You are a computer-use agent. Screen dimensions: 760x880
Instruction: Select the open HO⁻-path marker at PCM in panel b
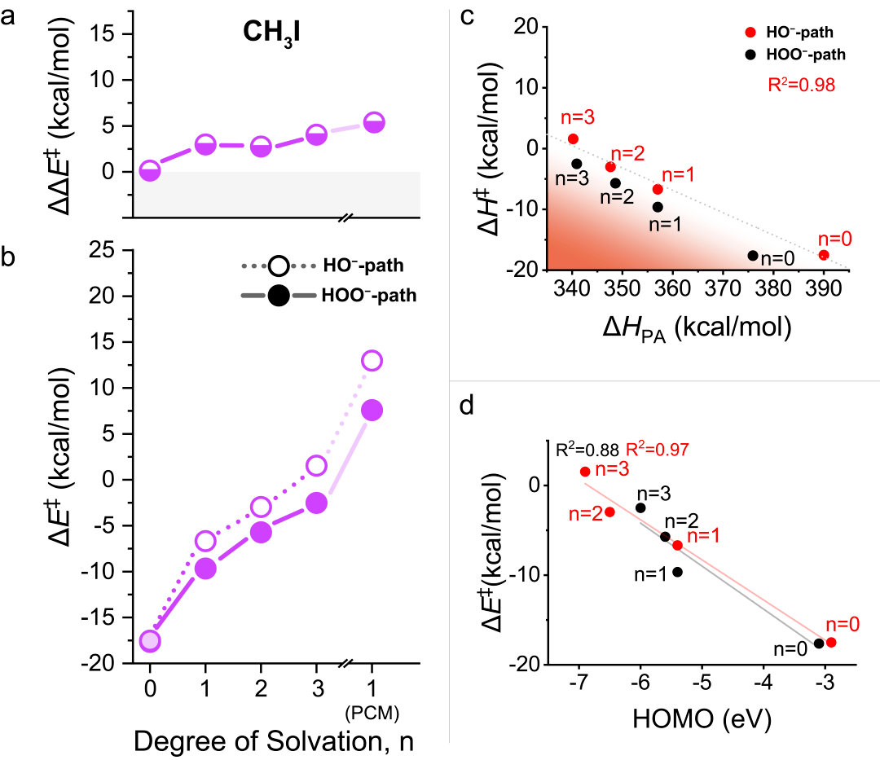tap(372, 361)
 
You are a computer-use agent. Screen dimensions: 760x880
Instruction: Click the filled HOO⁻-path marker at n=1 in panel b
tap(205, 569)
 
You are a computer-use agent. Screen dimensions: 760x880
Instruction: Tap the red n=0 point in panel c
tap(824, 255)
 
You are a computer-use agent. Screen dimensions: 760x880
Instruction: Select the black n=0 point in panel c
tap(753, 256)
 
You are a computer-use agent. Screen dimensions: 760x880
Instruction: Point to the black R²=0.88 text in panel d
tap(587, 449)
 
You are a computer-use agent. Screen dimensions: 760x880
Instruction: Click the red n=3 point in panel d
tap(585, 472)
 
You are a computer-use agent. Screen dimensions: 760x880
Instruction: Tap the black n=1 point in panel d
tap(677, 572)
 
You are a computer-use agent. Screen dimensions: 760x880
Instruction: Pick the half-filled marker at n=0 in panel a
tap(150, 171)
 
